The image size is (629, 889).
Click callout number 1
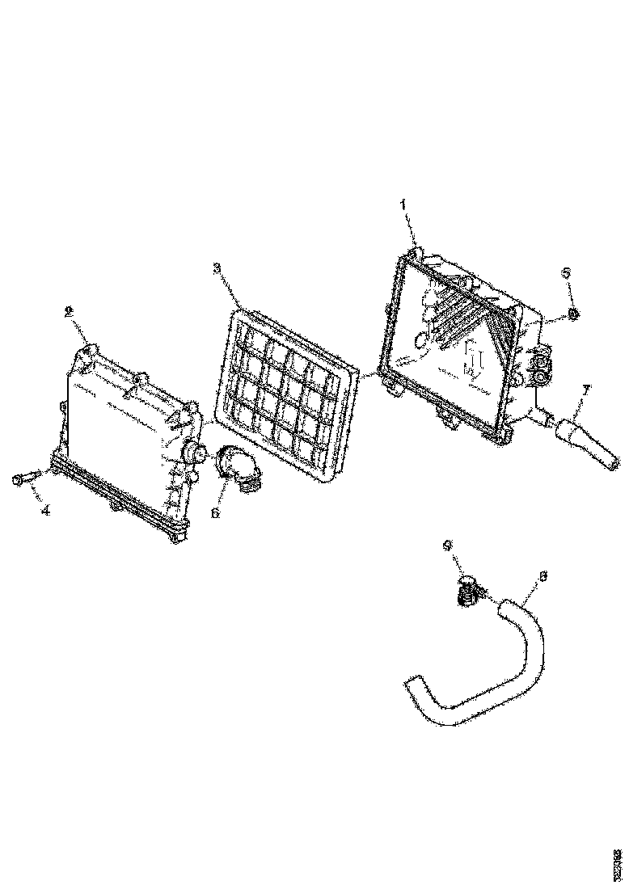[403, 205]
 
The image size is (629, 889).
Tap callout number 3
[217, 268]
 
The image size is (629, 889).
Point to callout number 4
[45, 511]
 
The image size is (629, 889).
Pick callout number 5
[567, 273]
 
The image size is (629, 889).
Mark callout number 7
[586, 390]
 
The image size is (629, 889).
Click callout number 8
[542, 576]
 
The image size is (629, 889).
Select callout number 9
[447, 546]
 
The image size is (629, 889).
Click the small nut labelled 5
[572, 314]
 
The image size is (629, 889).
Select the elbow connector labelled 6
[240, 470]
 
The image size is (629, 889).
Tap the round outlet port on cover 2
[192, 453]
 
